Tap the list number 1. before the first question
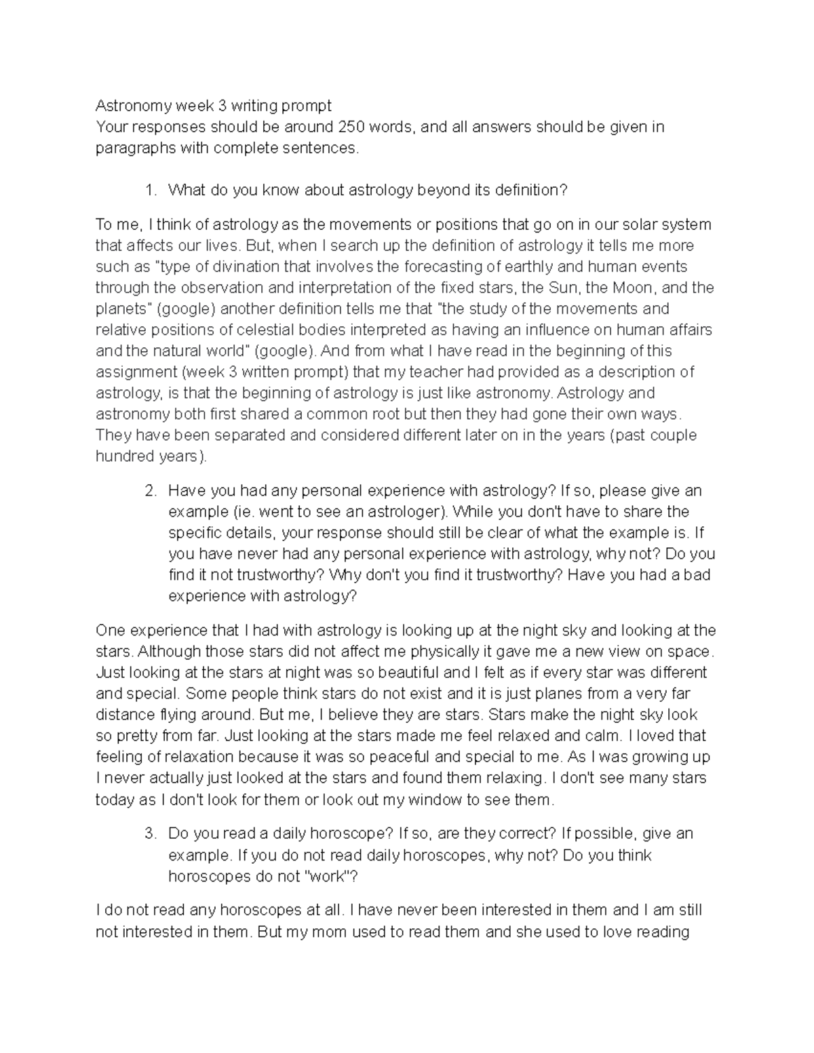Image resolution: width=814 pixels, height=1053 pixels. tap(151, 191)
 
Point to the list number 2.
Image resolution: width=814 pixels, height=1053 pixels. tap(151, 490)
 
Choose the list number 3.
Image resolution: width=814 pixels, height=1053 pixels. tap(151, 833)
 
